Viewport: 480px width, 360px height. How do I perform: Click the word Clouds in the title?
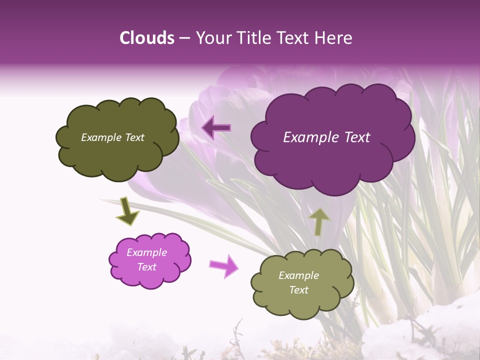(147, 38)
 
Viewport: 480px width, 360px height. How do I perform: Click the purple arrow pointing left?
(216, 127)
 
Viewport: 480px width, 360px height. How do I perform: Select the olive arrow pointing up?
(319, 222)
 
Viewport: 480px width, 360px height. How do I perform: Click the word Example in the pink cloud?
(146, 252)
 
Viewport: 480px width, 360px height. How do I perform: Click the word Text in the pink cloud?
(147, 267)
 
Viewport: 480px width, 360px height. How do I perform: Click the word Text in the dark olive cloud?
(133, 137)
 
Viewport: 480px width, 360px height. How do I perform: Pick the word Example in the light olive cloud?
(298, 275)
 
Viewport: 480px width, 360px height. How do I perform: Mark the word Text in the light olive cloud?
(298, 290)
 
